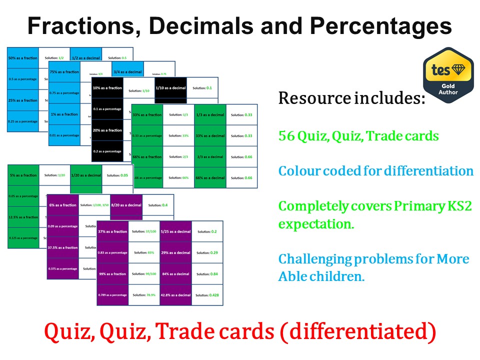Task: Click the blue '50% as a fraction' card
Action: (x=23, y=58)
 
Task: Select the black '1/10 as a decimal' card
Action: (x=170, y=88)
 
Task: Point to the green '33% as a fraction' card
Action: (x=147, y=114)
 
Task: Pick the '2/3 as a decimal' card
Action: (x=210, y=156)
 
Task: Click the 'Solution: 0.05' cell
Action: (x=117, y=175)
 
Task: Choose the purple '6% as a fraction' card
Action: (x=62, y=205)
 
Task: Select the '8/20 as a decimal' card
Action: (x=126, y=205)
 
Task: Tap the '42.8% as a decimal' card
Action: (x=175, y=295)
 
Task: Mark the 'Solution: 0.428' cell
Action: (x=207, y=295)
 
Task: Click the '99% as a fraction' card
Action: (x=112, y=274)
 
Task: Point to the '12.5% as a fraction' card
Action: (x=23, y=217)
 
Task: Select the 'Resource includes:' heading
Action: (x=351, y=98)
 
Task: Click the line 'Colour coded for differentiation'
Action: (x=375, y=171)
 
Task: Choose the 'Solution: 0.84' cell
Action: (x=207, y=274)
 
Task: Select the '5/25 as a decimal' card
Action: (x=175, y=231)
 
